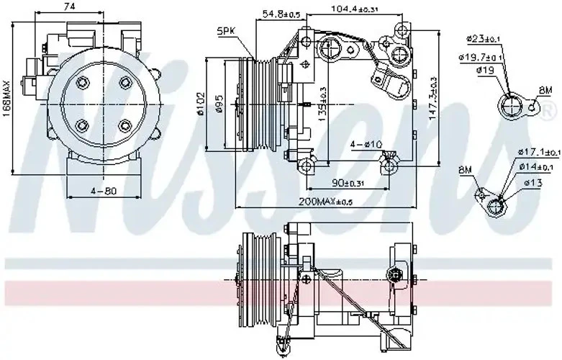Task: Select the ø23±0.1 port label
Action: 483,37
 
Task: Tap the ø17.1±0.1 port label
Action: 539,152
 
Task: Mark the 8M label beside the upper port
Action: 545,90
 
